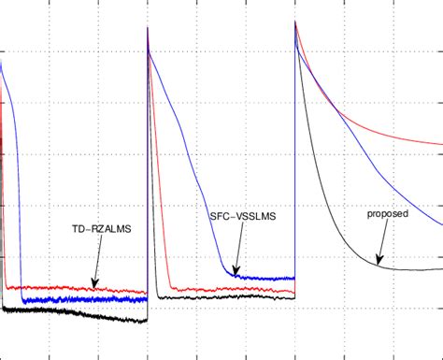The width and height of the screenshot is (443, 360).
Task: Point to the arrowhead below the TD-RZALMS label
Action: [x=94, y=286]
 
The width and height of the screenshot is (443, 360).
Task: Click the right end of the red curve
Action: [x=441, y=145]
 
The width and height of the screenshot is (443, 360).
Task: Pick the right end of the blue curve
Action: [x=441, y=225]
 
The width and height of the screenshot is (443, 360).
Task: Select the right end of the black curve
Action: [x=441, y=269]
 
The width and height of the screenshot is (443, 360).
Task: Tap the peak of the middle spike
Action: [x=149, y=30]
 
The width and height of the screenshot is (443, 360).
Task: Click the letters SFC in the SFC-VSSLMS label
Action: [x=221, y=216]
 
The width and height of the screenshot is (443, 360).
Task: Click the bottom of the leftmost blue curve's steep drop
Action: [x=21, y=298]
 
